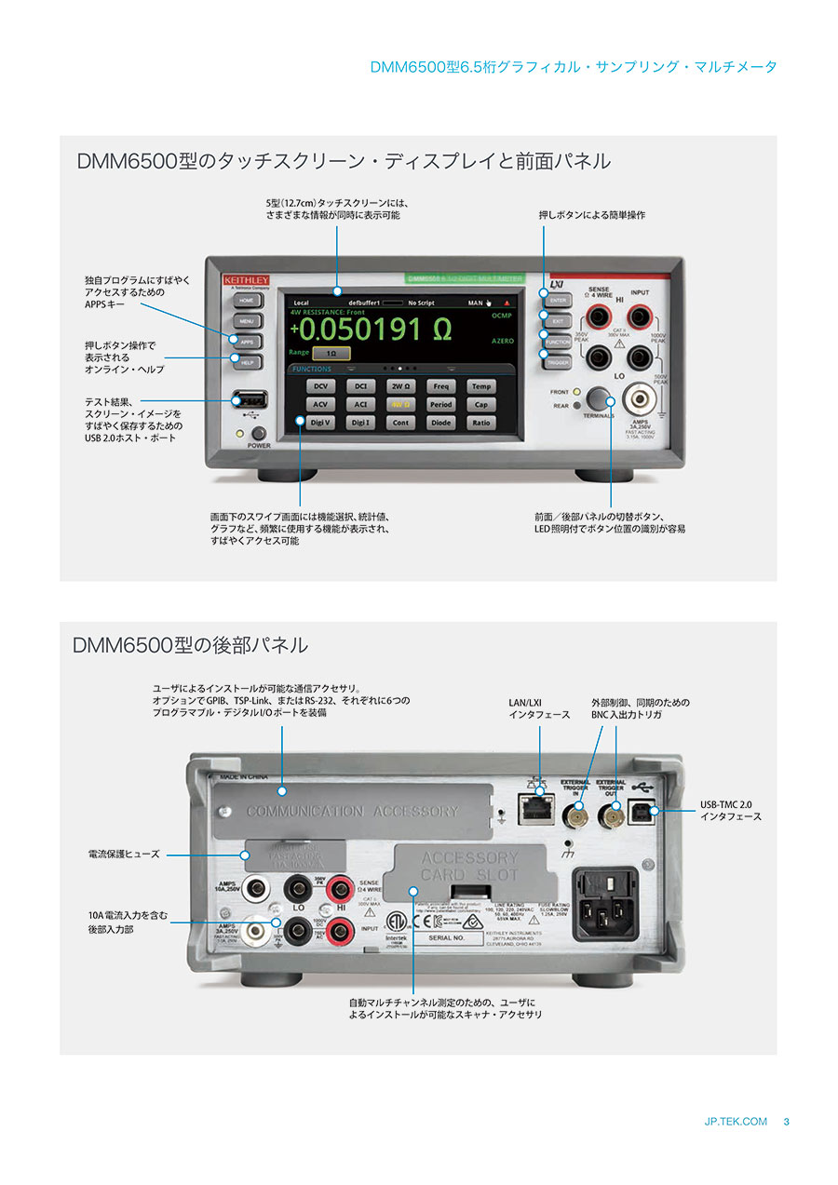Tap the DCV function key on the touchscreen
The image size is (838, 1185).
pos(320,386)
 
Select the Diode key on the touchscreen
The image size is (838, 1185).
pos(440,423)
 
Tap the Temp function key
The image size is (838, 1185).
pos(480,386)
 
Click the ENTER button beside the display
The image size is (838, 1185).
pos(558,301)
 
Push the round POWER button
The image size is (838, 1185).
pos(259,433)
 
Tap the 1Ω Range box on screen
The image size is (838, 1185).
pos(331,354)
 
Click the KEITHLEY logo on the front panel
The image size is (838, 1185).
pos(246,279)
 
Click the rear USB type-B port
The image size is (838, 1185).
pos(644,811)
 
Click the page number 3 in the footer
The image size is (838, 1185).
pos(787,1122)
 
